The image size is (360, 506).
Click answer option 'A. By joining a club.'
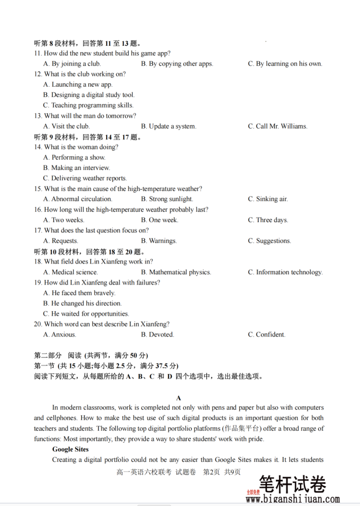tap(72, 64)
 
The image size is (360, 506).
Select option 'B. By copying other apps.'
tap(177, 64)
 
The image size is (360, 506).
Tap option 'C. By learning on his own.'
tap(285, 64)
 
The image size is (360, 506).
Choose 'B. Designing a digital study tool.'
tap(89, 95)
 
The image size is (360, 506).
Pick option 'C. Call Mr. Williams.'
tap(277, 126)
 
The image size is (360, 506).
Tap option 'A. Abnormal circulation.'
tap(78, 199)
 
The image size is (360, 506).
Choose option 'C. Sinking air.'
tap(268, 199)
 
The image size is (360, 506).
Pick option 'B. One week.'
tap(159, 220)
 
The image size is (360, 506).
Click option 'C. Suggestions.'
tap(269, 241)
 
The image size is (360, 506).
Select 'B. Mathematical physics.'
tap(176, 273)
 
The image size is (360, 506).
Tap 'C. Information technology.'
tap(285, 273)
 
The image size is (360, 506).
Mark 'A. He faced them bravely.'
tap(79, 293)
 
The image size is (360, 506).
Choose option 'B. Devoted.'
tap(158, 335)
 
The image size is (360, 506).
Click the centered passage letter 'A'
tap(179, 398)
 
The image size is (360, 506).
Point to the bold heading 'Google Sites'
tap(71, 449)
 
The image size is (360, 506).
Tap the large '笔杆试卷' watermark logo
tap(293, 485)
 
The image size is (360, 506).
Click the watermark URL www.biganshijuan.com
tap(293, 500)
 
